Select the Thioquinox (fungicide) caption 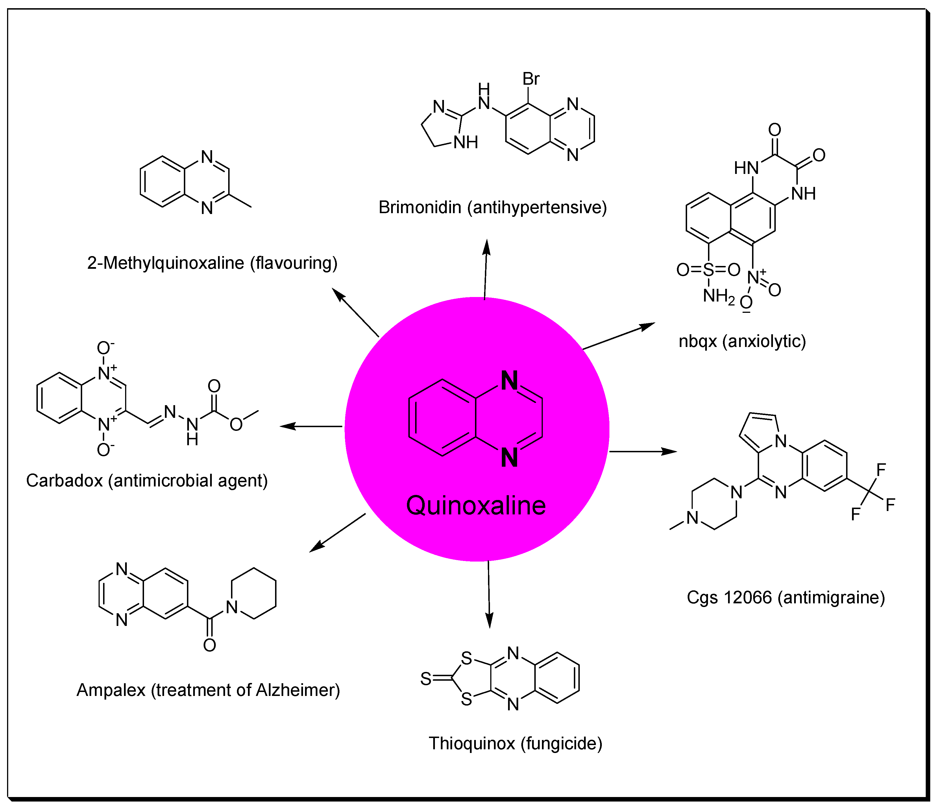tap(515, 743)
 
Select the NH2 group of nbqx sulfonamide tap(718, 296)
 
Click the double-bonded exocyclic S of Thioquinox tap(426, 679)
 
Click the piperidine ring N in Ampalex tap(232, 607)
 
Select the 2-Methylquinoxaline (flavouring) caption tap(212, 263)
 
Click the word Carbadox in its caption tap(64, 481)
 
